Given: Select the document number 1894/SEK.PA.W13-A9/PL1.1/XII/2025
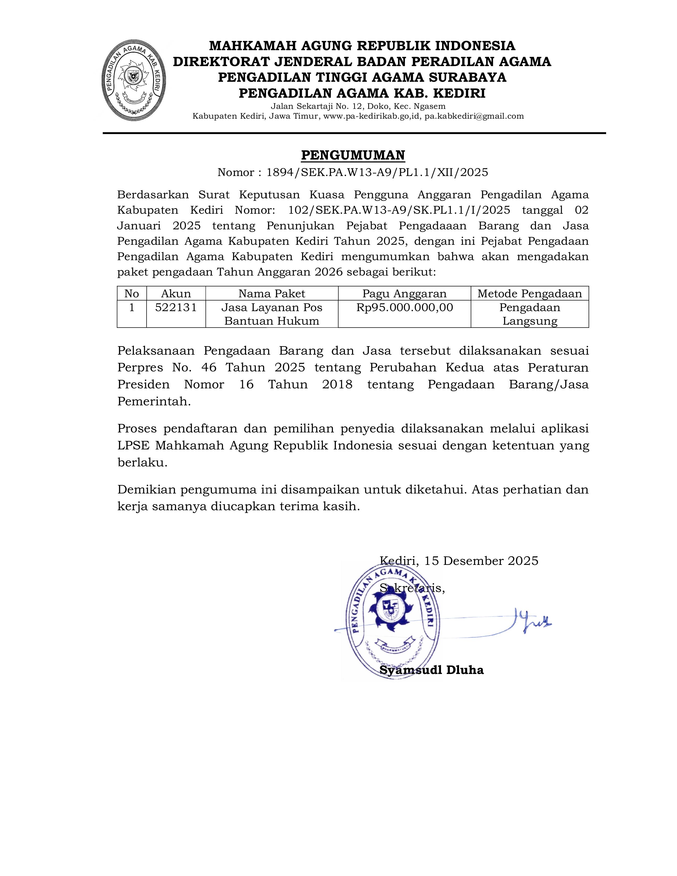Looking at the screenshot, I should click(377, 173).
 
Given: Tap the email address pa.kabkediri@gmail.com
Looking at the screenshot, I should click(474, 116).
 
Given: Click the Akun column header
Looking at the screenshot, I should click(176, 294).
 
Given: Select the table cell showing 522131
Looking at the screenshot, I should click(176, 308).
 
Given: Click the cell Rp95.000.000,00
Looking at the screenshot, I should click(404, 308).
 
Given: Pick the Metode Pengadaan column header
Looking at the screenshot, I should click(529, 294).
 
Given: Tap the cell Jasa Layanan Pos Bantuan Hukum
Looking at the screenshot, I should click(272, 314).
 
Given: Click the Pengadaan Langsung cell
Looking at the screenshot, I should click(529, 314).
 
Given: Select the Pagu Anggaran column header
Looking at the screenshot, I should click(404, 294).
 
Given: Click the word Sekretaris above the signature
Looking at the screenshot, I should click(412, 589).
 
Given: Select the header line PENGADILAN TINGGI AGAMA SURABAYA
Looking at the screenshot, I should click(362, 77).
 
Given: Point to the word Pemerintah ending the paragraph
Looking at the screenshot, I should click(154, 401).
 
